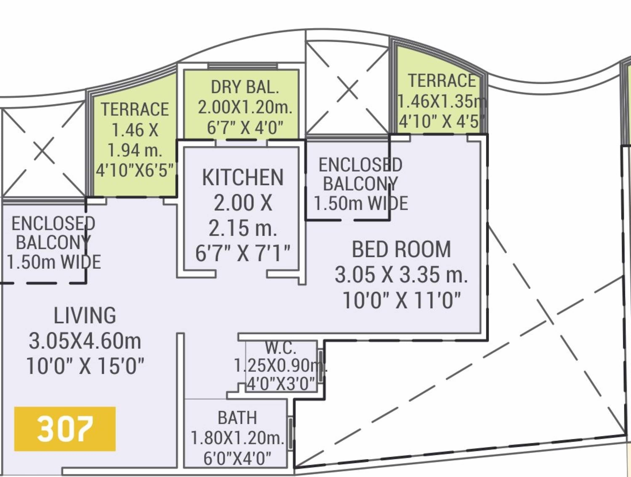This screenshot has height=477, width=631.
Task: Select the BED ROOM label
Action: (x=401, y=250)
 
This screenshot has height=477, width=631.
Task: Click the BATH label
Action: (x=237, y=418)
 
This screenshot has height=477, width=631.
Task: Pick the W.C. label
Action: (x=281, y=347)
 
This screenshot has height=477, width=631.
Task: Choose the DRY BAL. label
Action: (x=245, y=87)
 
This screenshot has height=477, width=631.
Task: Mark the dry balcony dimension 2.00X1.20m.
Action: (x=245, y=108)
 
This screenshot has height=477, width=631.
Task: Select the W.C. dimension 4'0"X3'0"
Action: (x=281, y=384)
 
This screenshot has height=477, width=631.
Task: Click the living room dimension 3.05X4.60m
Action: (x=85, y=341)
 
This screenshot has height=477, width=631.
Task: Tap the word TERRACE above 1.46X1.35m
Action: (x=442, y=81)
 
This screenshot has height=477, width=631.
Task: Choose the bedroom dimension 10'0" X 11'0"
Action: (x=401, y=300)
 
